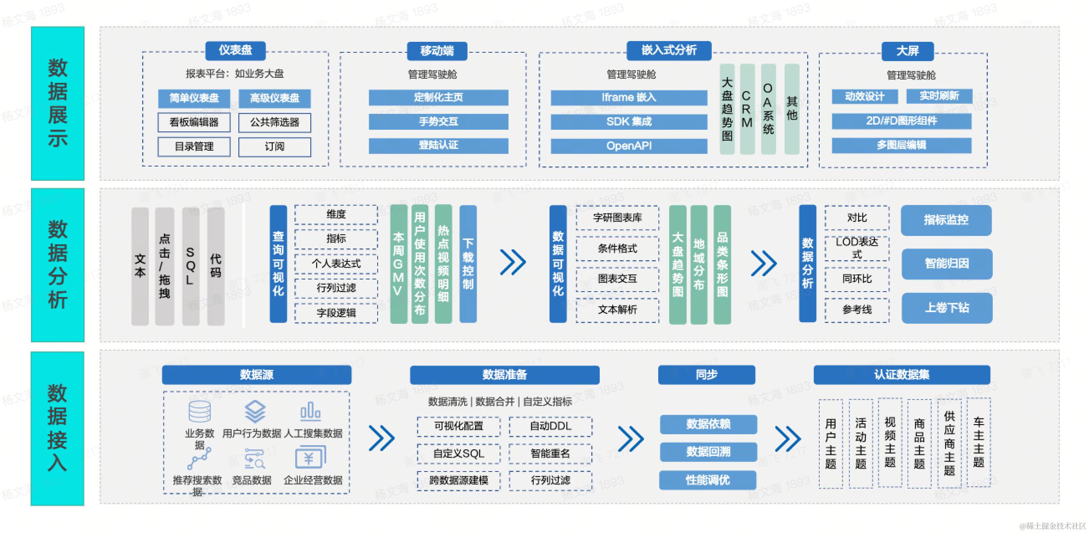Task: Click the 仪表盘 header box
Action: pyautogui.click(x=235, y=50)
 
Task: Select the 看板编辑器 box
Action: pyautogui.click(x=194, y=122)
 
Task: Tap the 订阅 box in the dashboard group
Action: pyautogui.click(x=274, y=146)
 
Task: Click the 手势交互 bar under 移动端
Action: pyautogui.click(x=438, y=122)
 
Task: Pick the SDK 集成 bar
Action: pyautogui.click(x=629, y=122)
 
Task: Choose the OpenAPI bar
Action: pyautogui.click(x=629, y=146)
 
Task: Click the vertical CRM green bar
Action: pyautogui.click(x=747, y=109)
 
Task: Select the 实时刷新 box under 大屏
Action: pyautogui.click(x=939, y=97)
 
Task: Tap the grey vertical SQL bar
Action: pyautogui.click(x=190, y=266)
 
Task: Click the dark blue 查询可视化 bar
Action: pyautogui.click(x=278, y=264)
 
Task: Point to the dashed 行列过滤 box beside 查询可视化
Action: pyautogui.click(x=336, y=288)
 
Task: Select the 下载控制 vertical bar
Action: pyautogui.click(x=468, y=264)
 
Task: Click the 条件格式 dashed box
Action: pyautogui.click(x=617, y=249)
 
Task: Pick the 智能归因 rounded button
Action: pyautogui.click(x=946, y=264)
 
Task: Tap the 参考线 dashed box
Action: pyautogui.click(x=856, y=310)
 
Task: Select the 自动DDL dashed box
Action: pyautogui.click(x=550, y=426)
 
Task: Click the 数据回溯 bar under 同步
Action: pyautogui.click(x=708, y=452)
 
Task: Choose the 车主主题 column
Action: pyautogui.click(x=978, y=443)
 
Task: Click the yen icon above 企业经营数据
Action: pyautogui.click(x=310, y=459)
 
